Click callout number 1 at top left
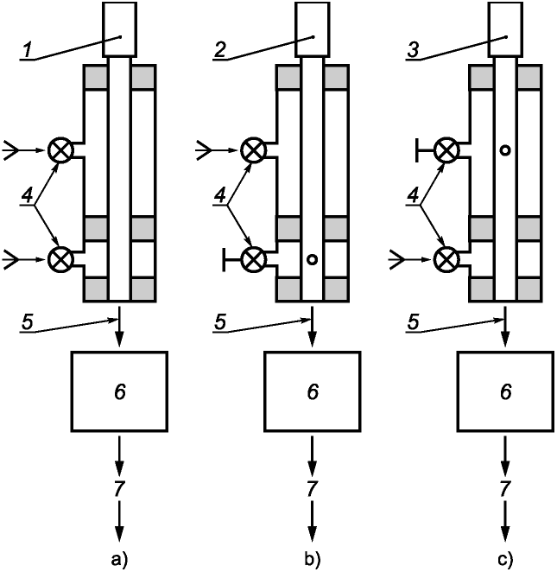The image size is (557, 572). (x=28, y=50)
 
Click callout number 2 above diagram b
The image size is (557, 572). (x=220, y=50)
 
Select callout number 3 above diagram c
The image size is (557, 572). (x=413, y=50)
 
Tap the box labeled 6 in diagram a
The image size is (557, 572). (x=119, y=391)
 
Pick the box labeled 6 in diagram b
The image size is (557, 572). (x=313, y=391)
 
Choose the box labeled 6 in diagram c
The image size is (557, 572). (x=505, y=391)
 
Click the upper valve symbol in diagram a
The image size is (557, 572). (x=60, y=150)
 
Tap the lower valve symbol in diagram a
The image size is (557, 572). (x=60, y=259)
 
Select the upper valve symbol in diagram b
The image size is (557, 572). (x=254, y=150)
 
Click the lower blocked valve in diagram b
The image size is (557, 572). (x=254, y=259)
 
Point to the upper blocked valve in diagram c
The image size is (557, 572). (x=446, y=150)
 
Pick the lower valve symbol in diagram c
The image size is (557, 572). (x=446, y=259)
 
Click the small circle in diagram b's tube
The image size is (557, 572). (x=313, y=259)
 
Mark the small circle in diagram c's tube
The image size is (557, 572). (x=505, y=150)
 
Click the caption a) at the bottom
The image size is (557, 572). (x=119, y=559)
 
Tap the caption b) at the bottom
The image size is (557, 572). (x=313, y=559)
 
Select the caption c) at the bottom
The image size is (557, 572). (x=505, y=559)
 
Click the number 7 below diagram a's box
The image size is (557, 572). (x=119, y=489)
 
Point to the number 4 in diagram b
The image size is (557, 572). (x=220, y=197)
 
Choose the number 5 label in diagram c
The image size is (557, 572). (x=413, y=322)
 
